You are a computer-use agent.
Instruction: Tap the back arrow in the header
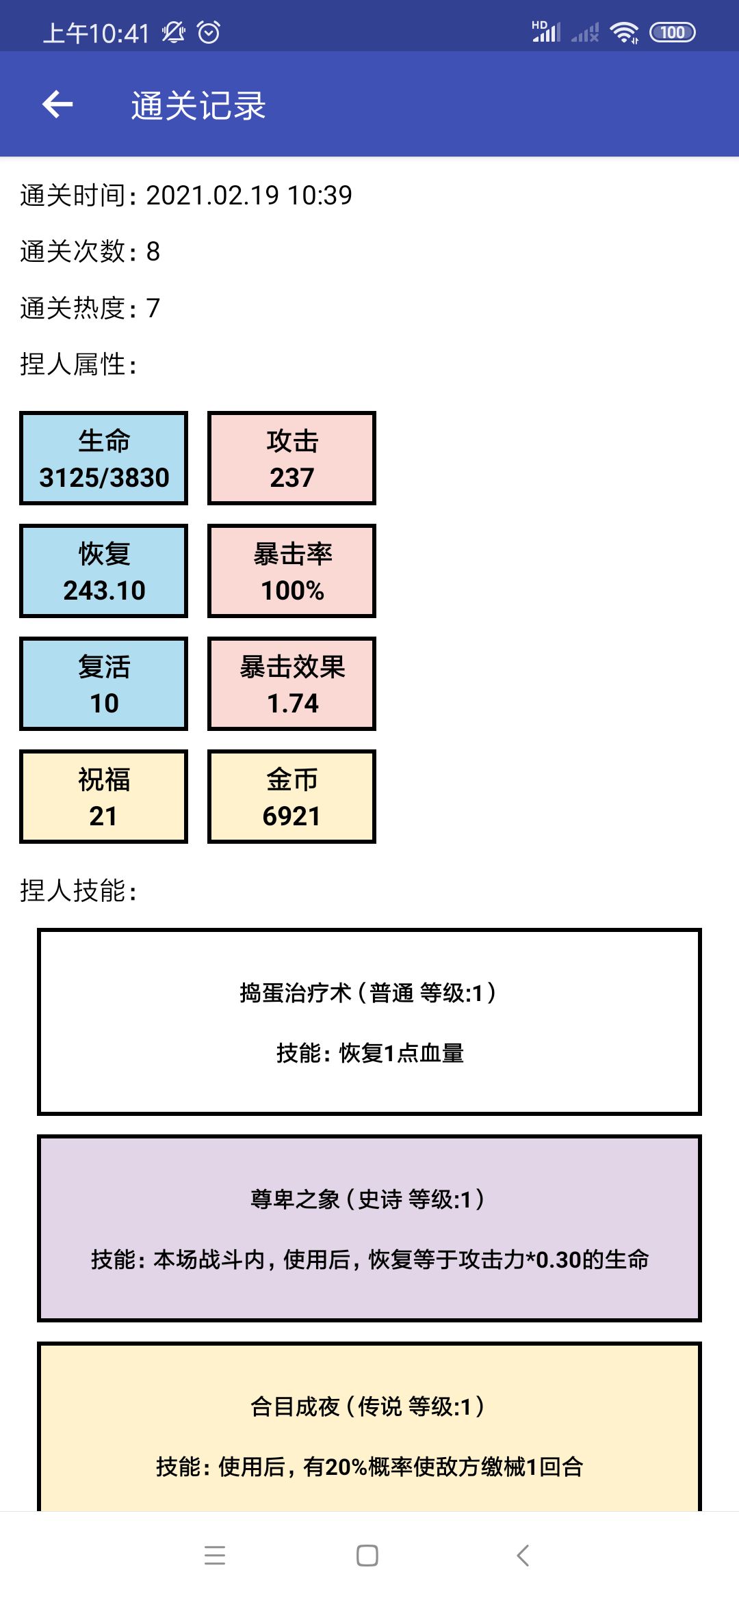click(57, 105)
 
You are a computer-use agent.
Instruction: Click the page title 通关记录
click(198, 106)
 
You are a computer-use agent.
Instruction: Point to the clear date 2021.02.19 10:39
click(249, 196)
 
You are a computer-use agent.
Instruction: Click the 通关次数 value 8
click(153, 252)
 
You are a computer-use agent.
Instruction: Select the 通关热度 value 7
click(153, 308)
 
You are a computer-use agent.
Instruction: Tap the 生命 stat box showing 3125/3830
click(104, 458)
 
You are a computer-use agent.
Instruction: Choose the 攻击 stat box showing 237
click(292, 458)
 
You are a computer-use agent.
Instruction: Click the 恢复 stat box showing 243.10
click(104, 571)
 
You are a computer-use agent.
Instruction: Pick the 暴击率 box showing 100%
click(292, 571)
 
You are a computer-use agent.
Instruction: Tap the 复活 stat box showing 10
click(104, 684)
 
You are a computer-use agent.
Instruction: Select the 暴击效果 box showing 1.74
click(292, 684)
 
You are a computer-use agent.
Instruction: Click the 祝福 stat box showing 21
click(104, 797)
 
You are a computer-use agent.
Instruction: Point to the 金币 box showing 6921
click(292, 797)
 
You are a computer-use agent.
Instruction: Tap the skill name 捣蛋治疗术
click(296, 993)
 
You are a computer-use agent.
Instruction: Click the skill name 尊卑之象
click(296, 1199)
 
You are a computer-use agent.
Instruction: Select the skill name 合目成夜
click(296, 1406)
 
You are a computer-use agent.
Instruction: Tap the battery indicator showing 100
click(673, 32)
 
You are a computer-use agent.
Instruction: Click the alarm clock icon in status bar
click(209, 32)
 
